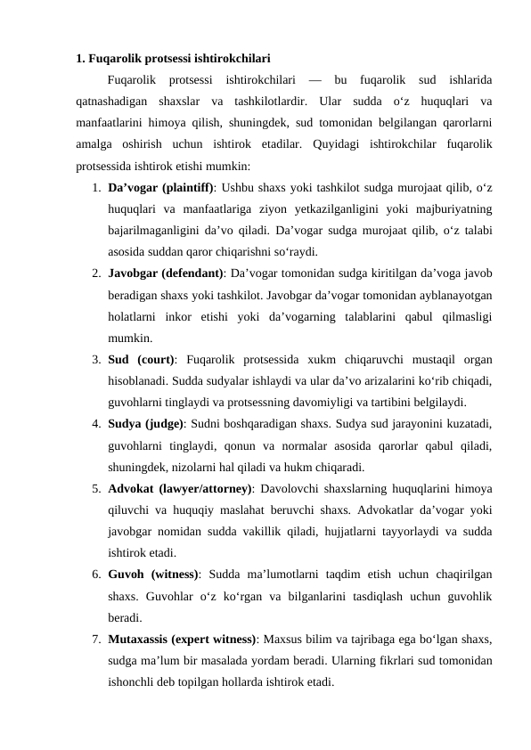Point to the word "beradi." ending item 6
124,616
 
